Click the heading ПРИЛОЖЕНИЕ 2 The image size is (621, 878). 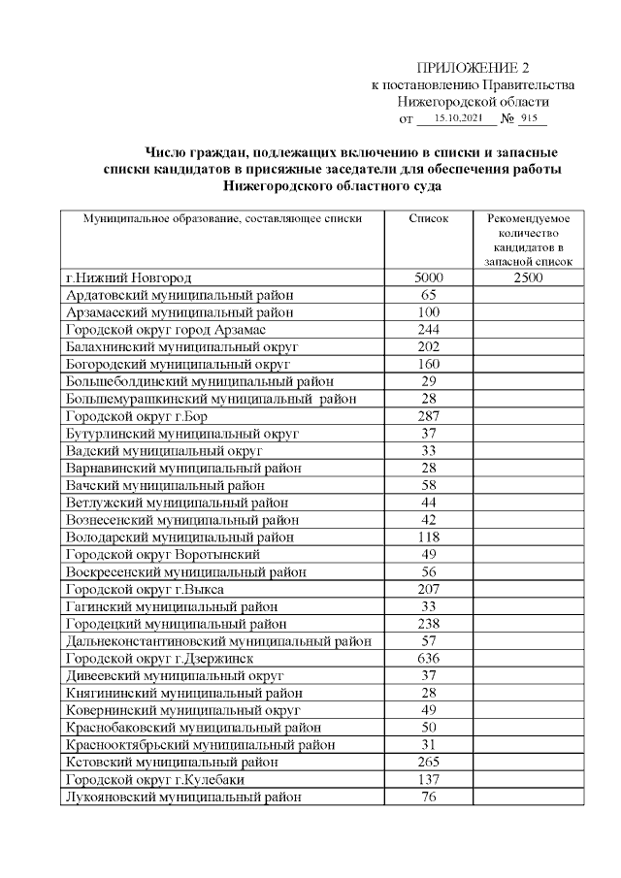pyautogui.click(x=474, y=67)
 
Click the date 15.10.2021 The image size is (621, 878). pyautogui.click(x=455, y=119)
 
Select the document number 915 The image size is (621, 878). pyautogui.click(x=529, y=119)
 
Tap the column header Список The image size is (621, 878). pyautogui.click(x=429, y=219)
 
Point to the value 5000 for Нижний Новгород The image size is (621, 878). pyautogui.click(x=429, y=278)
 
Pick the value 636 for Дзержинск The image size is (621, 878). pyautogui.click(x=429, y=658)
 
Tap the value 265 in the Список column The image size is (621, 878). pyautogui.click(x=429, y=762)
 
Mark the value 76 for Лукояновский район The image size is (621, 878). pyautogui.click(x=429, y=797)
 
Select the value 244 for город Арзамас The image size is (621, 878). pyautogui.click(x=429, y=330)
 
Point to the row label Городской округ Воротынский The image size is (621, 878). pyautogui.click(x=162, y=554)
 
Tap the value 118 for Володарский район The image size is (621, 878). pyautogui.click(x=429, y=537)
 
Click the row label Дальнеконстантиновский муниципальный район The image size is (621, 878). pyautogui.click(x=218, y=640)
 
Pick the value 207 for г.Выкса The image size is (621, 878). pyautogui.click(x=429, y=589)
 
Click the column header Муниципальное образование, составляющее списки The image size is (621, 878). pyautogui.click(x=222, y=219)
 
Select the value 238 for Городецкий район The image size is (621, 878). pyautogui.click(x=429, y=623)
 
